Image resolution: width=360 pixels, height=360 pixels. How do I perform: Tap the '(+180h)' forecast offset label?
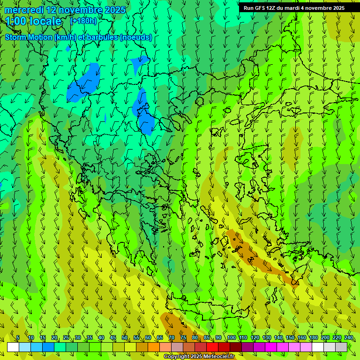pyautogui.click(x=83, y=21)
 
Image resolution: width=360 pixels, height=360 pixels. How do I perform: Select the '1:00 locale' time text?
pyautogui.click(x=34, y=21)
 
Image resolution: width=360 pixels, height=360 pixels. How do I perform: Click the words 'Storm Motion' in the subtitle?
pyautogui.click(x=29, y=37)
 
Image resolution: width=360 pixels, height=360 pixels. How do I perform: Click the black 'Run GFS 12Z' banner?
pyautogui.click(x=294, y=8)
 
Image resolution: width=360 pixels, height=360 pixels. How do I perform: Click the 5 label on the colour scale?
pyautogui.click(x=18, y=338)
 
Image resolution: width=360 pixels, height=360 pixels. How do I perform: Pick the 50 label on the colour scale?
pyautogui.click(x=125, y=338)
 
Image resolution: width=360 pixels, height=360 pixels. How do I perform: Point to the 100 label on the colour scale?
pyautogui.click(x=231, y=338)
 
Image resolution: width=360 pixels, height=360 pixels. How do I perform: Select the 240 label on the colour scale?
pyautogui.click(x=349, y=338)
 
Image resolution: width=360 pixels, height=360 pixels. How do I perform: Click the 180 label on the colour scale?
pyautogui.click(x=313, y=338)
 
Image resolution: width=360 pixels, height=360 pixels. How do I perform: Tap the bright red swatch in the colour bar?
pyautogui.click(x=212, y=347)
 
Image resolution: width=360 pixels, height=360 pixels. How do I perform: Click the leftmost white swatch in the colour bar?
pyautogui.click(x=13, y=347)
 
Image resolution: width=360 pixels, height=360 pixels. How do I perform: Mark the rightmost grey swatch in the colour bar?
pyautogui.click(x=341, y=347)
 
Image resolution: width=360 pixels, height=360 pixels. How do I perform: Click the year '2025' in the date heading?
pyautogui.click(x=115, y=10)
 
